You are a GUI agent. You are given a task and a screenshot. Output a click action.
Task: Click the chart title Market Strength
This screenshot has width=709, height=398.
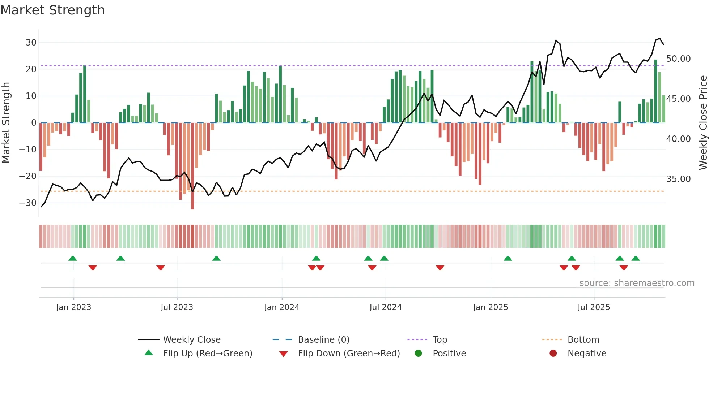click(x=52, y=10)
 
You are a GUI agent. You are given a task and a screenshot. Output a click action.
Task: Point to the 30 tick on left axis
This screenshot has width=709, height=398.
click(x=31, y=43)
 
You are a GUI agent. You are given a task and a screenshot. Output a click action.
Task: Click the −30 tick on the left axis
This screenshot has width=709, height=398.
click(x=28, y=203)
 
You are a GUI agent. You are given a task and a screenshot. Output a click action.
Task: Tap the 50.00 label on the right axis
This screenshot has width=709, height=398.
click(x=678, y=59)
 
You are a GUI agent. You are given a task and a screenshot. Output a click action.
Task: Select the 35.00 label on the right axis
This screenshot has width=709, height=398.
click(x=678, y=179)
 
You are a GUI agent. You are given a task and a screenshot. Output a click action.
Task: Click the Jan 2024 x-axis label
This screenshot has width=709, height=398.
click(x=281, y=307)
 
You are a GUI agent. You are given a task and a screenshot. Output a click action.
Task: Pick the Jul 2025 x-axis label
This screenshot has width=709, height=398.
click(x=593, y=307)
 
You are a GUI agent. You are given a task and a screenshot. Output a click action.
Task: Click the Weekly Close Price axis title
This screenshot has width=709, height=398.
click(x=703, y=123)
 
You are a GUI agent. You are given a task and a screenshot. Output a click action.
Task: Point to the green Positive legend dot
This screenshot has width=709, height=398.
click(x=418, y=354)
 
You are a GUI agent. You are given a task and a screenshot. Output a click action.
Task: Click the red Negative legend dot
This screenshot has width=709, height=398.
click(x=553, y=354)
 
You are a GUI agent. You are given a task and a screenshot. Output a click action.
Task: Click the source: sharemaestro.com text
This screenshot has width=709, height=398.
click(x=637, y=283)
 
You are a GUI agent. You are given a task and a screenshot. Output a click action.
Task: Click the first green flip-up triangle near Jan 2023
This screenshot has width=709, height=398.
click(x=73, y=259)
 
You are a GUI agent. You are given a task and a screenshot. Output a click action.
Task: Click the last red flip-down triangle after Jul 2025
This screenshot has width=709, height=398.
click(x=623, y=268)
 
